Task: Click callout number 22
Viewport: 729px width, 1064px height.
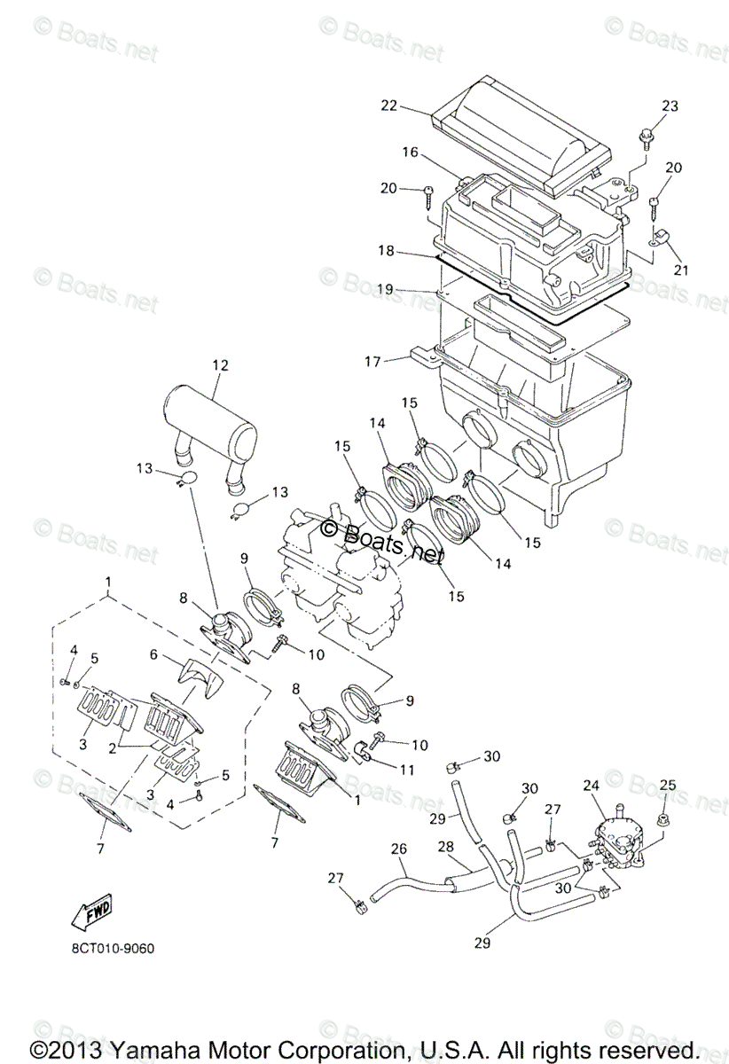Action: coord(388,106)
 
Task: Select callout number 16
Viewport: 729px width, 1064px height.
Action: coord(409,153)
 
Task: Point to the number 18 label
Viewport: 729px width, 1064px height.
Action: coord(385,252)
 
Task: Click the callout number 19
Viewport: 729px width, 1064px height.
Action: coord(385,289)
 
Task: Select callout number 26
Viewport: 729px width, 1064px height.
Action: coord(399,849)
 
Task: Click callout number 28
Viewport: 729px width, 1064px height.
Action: coord(445,849)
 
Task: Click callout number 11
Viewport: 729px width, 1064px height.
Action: coord(407,771)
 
